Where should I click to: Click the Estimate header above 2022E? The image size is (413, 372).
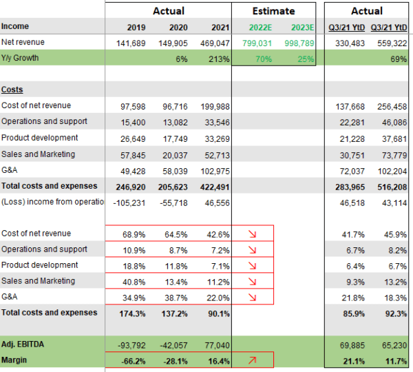click(x=274, y=11)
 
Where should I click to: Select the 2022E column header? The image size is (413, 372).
click(x=256, y=28)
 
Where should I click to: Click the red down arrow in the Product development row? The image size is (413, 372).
click(x=251, y=265)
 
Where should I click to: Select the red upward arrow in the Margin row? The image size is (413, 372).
click(x=251, y=360)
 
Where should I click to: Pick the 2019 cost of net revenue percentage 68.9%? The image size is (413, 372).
click(x=134, y=234)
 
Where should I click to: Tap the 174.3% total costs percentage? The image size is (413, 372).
click(x=131, y=313)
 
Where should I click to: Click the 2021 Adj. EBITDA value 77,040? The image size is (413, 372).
click(x=215, y=344)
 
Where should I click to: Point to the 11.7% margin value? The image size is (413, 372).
click(x=394, y=360)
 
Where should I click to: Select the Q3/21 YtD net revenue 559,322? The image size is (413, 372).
click(x=389, y=43)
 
